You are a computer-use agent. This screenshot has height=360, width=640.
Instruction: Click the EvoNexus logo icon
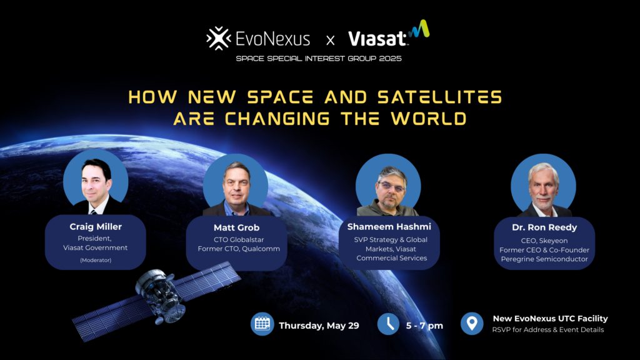(x=219, y=38)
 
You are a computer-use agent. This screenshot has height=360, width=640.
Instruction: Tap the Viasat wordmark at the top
(x=377, y=39)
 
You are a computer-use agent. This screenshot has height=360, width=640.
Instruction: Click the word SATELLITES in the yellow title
(x=439, y=97)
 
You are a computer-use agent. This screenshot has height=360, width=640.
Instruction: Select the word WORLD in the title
(x=429, y=119)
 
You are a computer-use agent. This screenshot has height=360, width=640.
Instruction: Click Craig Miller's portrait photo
(x=96, y=182)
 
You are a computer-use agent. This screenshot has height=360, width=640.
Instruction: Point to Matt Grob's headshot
(x=236, y=185)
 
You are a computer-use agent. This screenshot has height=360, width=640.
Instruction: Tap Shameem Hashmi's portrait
(x=388, y=185)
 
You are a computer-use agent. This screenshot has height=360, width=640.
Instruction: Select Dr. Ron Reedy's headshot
(x=544, y=185)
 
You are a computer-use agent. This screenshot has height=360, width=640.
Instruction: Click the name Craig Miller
(x=96, y=226)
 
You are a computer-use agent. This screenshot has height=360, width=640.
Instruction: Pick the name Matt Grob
(x=236, y=227)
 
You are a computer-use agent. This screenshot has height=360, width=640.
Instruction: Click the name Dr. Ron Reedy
(x=544, y=227)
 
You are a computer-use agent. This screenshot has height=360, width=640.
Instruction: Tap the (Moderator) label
(x=96, y=260)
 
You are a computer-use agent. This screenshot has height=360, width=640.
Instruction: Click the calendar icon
(x=262, y=324)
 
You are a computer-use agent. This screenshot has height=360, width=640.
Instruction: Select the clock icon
(x=388, y=324)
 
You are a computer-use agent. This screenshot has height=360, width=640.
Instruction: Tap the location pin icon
(x=472, y=324)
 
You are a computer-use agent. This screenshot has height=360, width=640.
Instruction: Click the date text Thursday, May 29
(x=319, y=326)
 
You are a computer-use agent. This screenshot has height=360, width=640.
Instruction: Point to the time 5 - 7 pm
(x=424, y=326)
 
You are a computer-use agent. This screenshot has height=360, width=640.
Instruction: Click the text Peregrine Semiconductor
(x=544, y=259)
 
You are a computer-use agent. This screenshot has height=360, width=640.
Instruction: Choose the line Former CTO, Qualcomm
(x=239, y=249)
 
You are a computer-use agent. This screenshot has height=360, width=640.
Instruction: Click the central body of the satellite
(x=160, y=294)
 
